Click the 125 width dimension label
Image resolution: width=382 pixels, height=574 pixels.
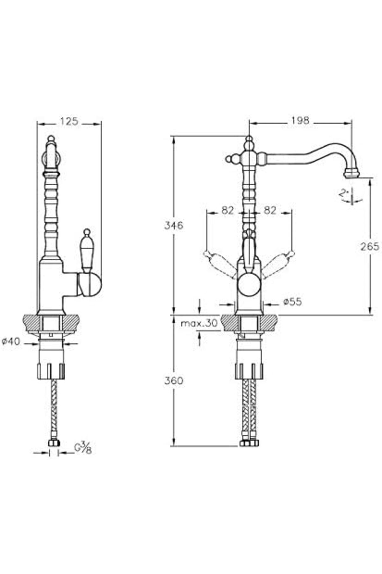(69, 121)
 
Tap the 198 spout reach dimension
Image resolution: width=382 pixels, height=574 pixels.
(300, 120)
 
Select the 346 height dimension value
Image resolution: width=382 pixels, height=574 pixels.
(174, 225)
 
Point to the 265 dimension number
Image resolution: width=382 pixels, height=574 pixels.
(370, 246)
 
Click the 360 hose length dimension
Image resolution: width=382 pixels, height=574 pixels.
(174, 380)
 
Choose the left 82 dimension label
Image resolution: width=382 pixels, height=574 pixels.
(227, 210)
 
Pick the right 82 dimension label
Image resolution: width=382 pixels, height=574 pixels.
(270, 210)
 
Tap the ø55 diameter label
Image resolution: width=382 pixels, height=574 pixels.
(292, 301)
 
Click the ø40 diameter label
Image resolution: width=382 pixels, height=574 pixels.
(11, 342)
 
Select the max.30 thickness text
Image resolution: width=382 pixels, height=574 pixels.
(199, 323)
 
